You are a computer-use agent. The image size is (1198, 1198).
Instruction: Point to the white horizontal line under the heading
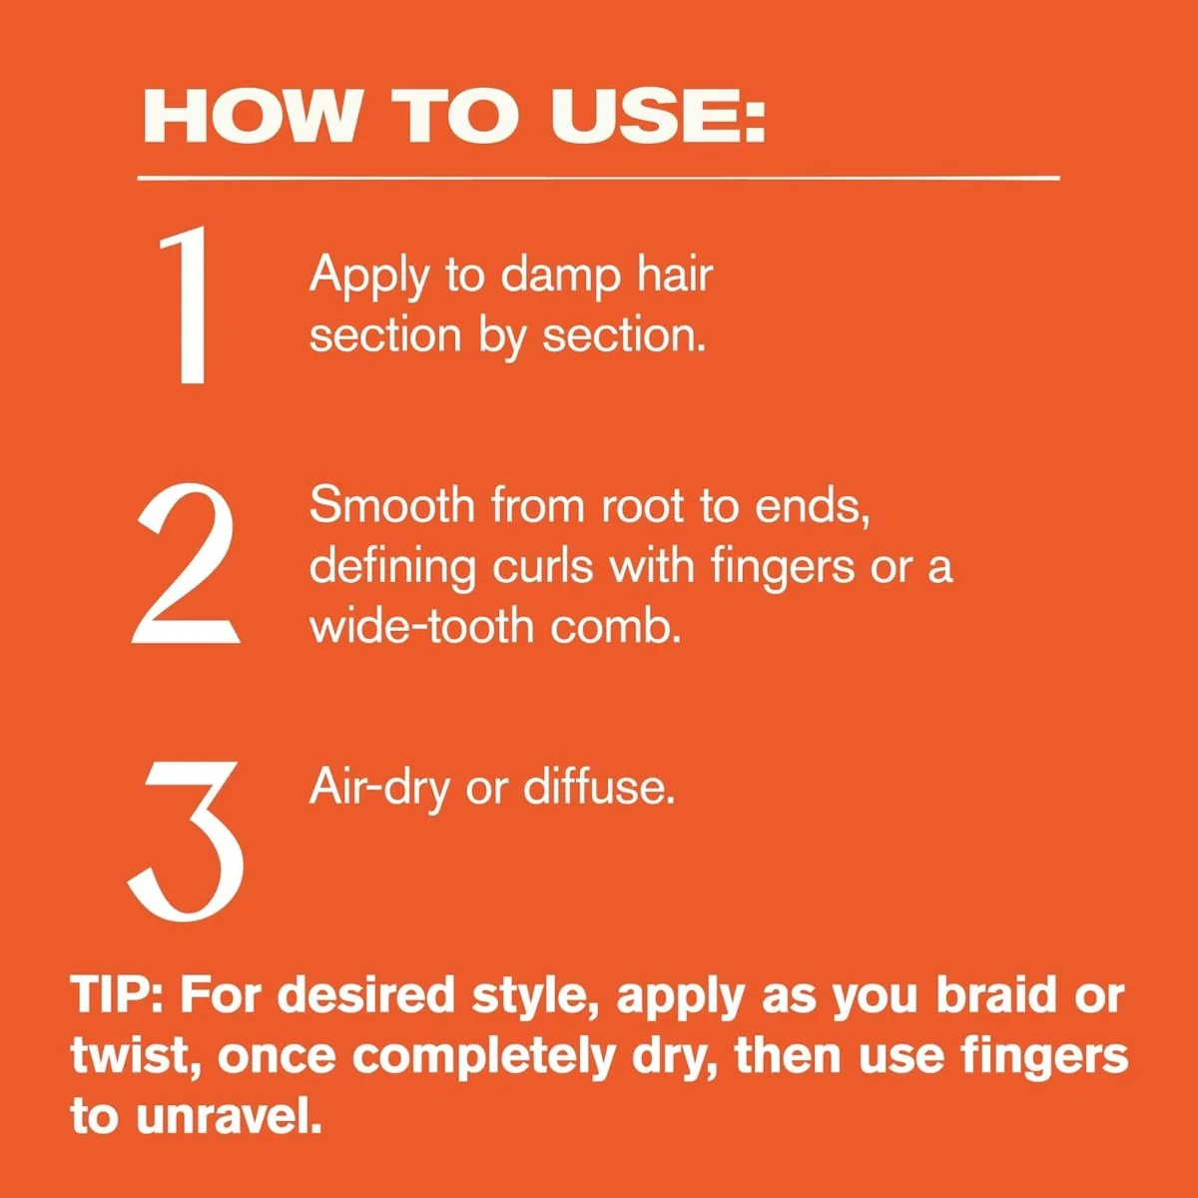click(x=598, y=179)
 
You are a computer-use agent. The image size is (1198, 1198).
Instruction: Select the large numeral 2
click(x=186, y=564)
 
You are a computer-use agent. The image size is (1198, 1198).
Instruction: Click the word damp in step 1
click(x=559, y=278)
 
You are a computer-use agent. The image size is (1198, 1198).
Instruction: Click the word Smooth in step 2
click(x=392, y=505)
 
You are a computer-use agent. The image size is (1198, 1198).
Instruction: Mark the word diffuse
click(x=598, y=787)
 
